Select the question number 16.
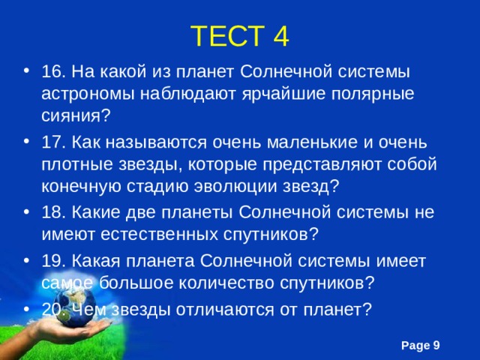point(55,71)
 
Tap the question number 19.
point(55,260)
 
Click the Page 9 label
point(421,343)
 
